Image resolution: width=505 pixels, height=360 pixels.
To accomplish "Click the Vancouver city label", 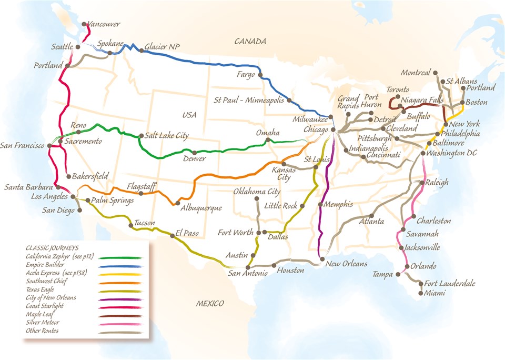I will [x=104, y=24].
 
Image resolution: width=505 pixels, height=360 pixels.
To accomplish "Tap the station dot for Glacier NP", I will [x=140, y=51].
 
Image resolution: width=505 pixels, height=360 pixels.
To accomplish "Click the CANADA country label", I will [x=250, y=41].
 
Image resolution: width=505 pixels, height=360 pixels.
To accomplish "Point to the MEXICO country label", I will [x=210, y=304].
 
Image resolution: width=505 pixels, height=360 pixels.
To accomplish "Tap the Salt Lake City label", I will [x=167, y=136].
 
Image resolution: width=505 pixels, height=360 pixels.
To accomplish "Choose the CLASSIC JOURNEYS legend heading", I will [x=52, y=247].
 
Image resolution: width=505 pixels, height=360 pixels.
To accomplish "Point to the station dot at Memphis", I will [x=320, y=204].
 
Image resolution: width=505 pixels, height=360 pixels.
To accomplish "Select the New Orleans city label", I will [x=346, y=264].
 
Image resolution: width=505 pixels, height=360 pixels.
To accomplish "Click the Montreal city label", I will [x=416, y=73].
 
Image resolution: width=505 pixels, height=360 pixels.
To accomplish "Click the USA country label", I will [x=189, y=115].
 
